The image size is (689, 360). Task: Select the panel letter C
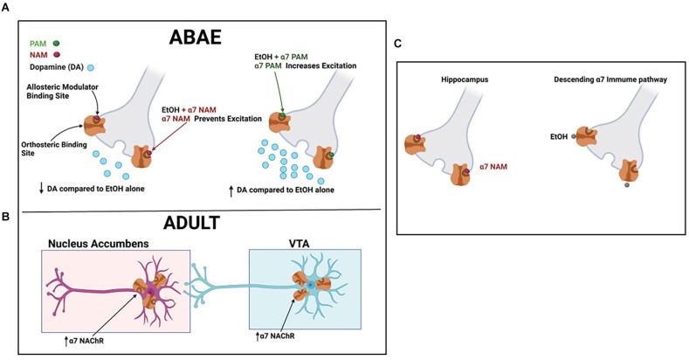(x=398, y=44)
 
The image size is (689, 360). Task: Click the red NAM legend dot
(x=57, y=53)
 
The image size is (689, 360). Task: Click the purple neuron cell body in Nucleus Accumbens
(x=142, y=287)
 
